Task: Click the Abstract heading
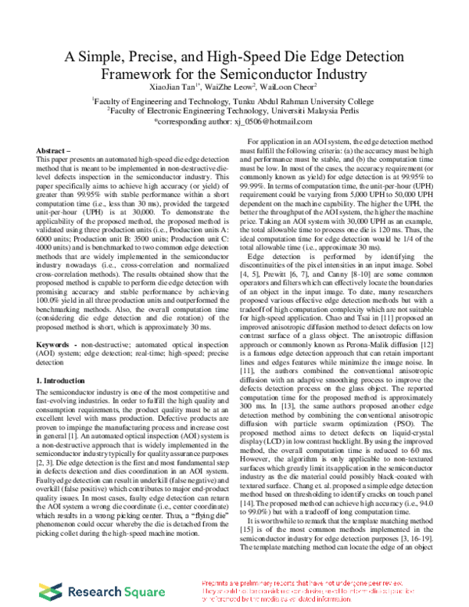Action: point(54,150)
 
